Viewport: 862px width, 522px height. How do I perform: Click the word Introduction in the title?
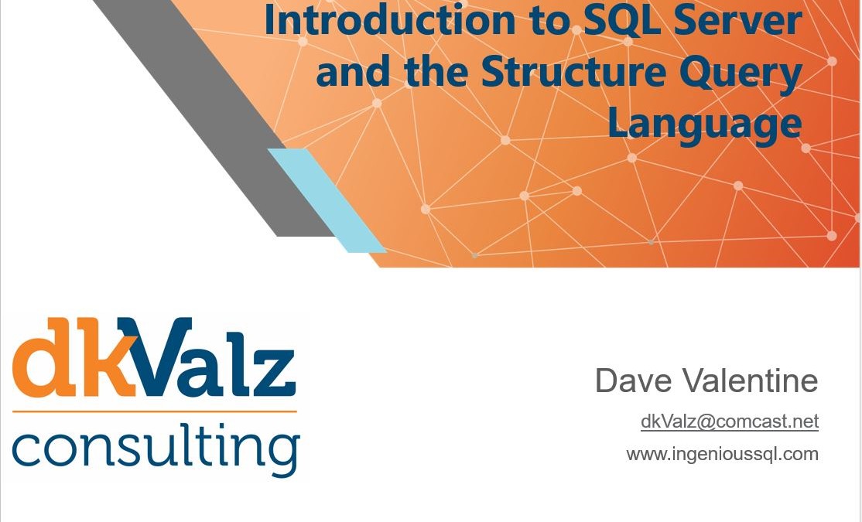(x=389, y=20)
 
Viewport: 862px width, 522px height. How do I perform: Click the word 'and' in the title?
(x=353, y=71)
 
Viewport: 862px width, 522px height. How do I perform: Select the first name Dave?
(x=633, y=380)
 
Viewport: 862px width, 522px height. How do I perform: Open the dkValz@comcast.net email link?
(x=730, y=421)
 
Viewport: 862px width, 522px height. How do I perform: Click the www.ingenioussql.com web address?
(x=723, y=455)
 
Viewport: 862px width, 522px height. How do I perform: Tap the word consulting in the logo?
(x=156, y=449)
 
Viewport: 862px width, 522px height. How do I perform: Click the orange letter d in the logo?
(x=44, y=357)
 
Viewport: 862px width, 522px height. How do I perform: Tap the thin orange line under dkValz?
(x=155, y=411)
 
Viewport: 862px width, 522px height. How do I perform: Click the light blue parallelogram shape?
(x=327, y=200)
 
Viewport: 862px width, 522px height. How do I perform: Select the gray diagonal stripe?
(x=214, y=118)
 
